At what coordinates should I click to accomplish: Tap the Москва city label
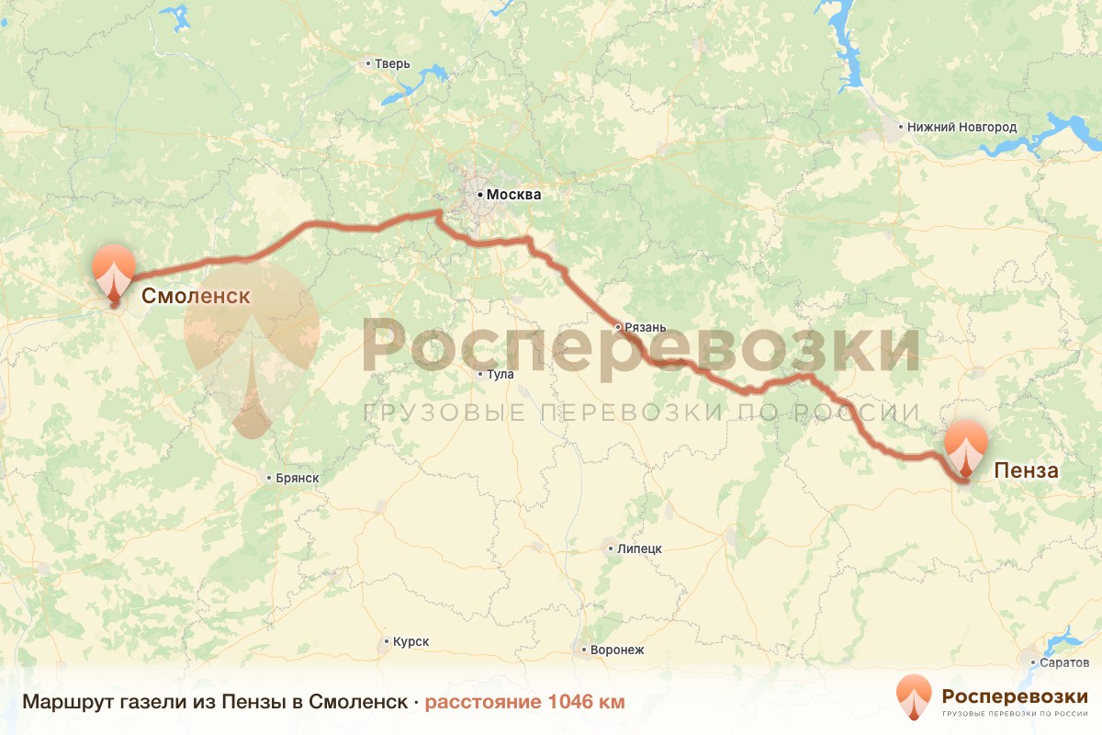click(x=513, y=195)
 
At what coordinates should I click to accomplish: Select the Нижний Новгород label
click(x=961, y=128)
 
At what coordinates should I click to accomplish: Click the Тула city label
click(x=500, y=375)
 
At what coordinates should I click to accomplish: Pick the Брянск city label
click(x=297, y=478)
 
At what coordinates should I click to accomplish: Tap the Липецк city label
click(x=640, y=548)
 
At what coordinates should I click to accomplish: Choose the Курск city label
click(x=410, y=642)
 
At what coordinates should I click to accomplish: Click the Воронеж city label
click(x=618, y=650)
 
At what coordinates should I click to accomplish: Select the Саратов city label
click(x=1065, y=662)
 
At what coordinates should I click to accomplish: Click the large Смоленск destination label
click(x=196, y=296)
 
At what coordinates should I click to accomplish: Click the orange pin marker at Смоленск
click(x=114, y=269)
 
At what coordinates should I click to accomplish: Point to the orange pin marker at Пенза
click(x=965, y=446)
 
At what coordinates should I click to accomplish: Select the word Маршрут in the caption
click(x=62, y=702)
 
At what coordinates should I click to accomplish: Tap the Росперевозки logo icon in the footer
click(x=914, y=697)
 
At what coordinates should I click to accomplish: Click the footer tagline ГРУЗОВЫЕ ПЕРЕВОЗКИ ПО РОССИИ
click(x=1015, y=713)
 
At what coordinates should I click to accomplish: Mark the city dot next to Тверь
click(x=368, y=64)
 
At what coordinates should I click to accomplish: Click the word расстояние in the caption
click(x=483, y=702)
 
